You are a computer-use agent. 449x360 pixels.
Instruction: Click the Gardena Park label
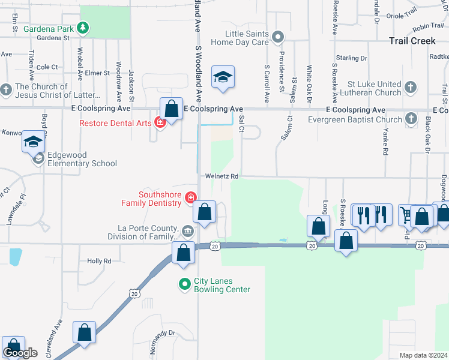[x=49, y=28]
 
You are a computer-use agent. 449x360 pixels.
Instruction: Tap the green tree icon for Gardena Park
[x=83, y=28]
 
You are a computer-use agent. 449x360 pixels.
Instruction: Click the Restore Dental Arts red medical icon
[x=160, y=123]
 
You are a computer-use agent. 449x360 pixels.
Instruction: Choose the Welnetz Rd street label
[x=222, y=176]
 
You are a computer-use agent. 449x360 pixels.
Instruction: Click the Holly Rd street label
[x=100, y=261]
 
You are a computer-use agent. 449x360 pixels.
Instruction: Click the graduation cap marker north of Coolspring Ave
[x=223, y=77]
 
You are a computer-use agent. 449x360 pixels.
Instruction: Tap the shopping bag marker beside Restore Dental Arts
[x=172, y=109]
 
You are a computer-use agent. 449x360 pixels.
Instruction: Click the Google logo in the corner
[x=20, y=353]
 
